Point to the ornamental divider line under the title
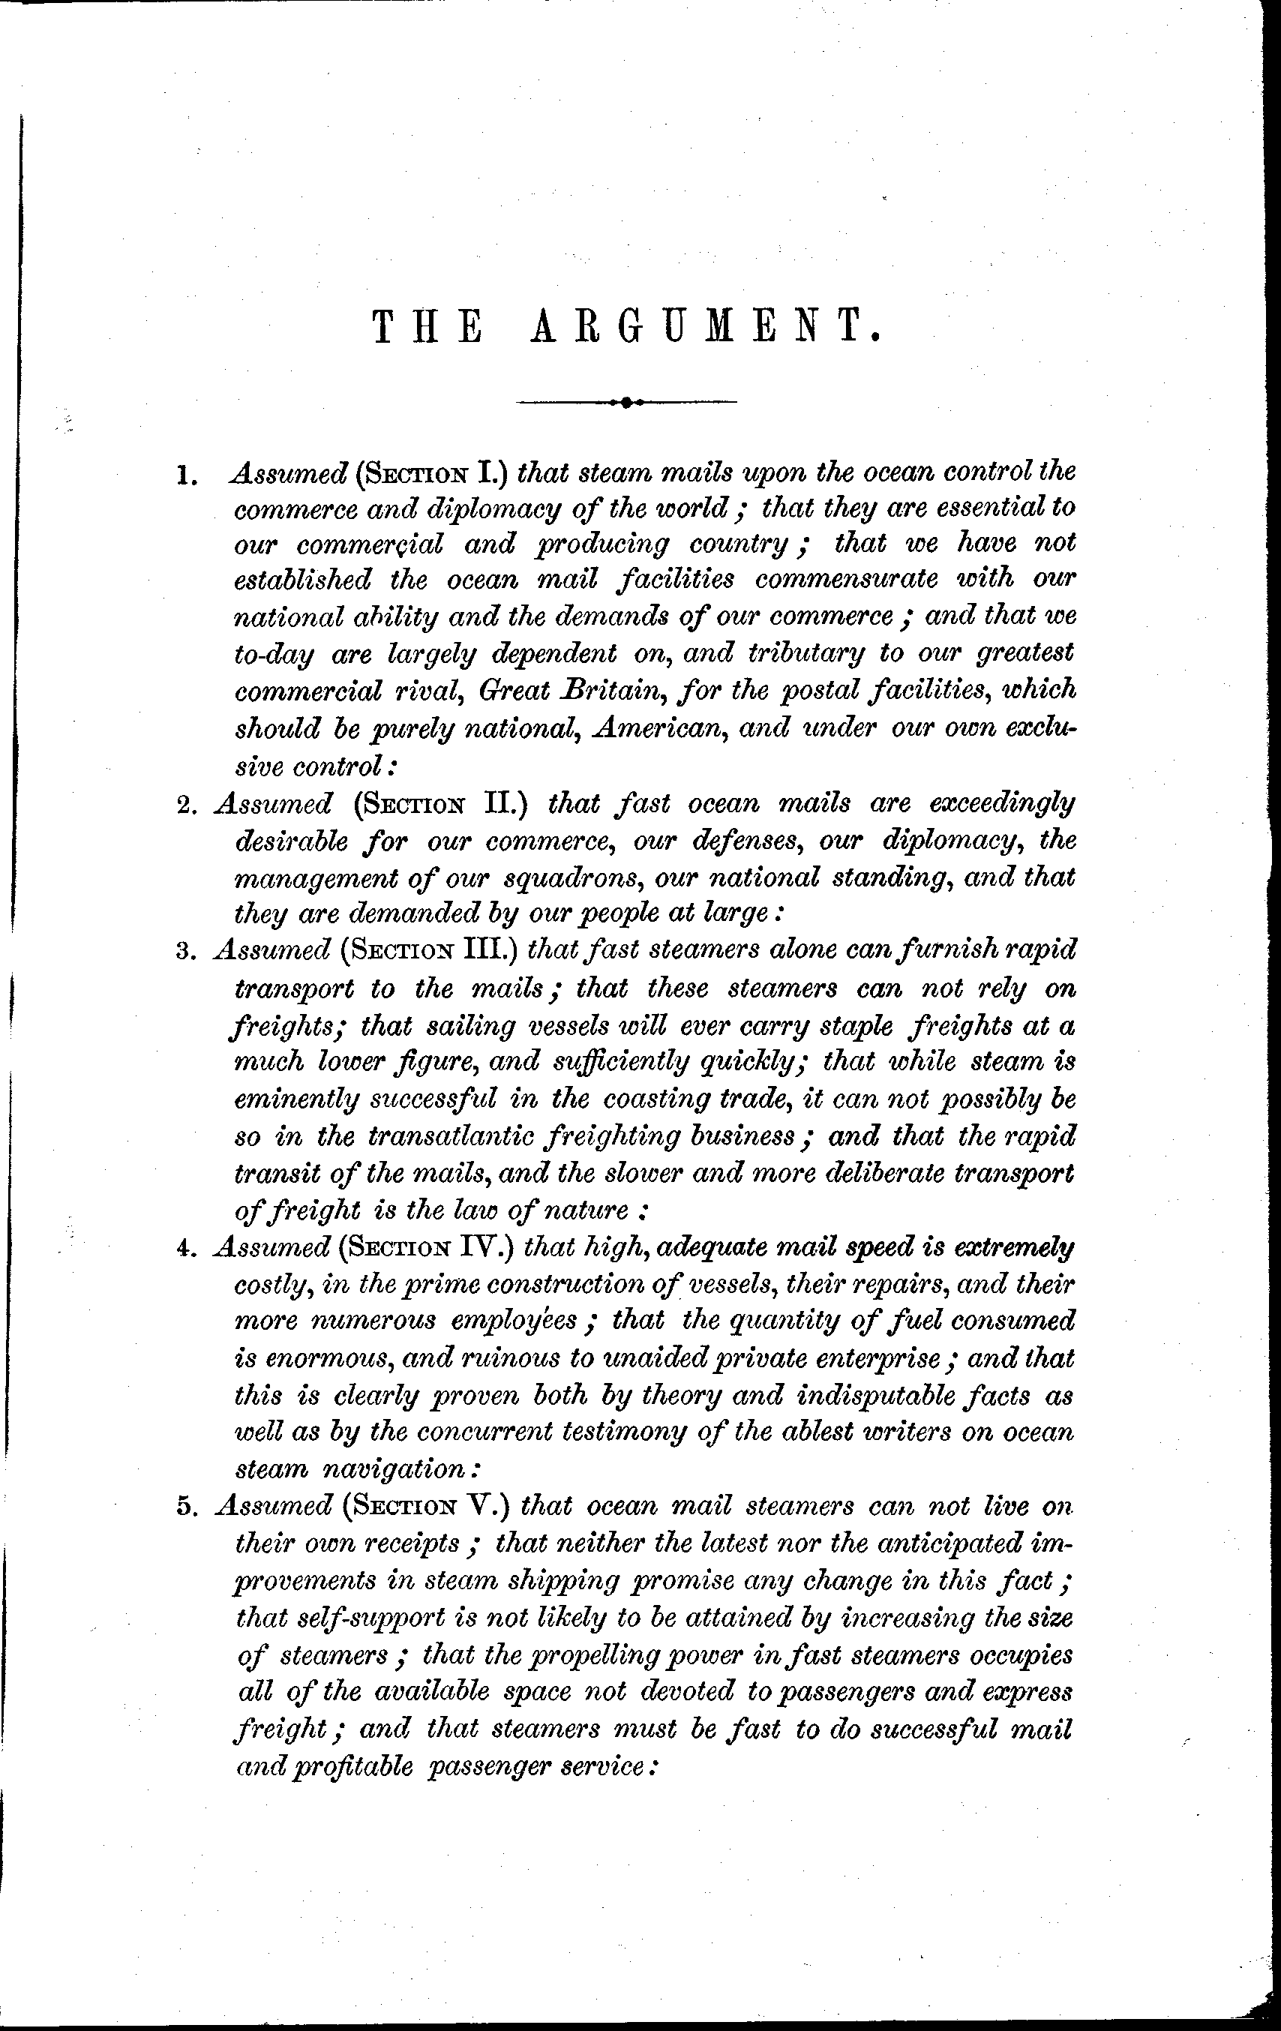[625, 402]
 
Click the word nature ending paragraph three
[597, 1211]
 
